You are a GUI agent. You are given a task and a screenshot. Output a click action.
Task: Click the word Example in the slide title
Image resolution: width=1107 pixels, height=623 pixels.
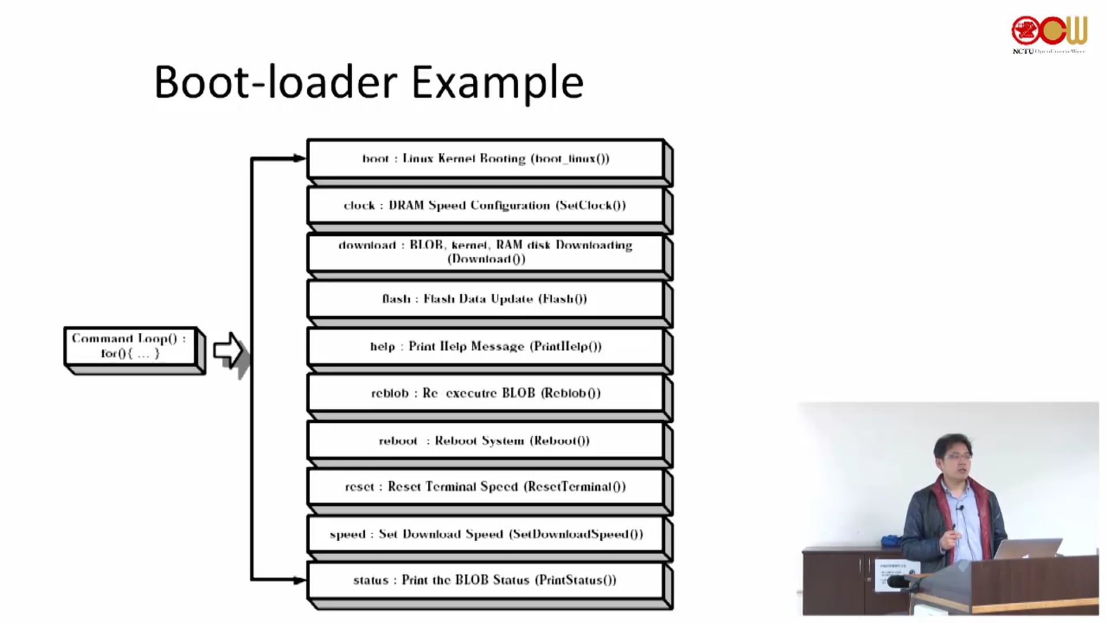pos(497,82)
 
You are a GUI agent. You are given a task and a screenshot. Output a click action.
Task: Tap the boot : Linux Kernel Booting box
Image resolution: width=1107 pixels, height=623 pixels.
pos(485,159)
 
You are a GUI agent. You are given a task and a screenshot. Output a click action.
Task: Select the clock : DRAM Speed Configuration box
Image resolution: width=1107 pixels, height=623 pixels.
pos(485,205)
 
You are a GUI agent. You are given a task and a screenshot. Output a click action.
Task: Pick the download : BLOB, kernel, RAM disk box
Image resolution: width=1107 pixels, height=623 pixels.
pos(485,252)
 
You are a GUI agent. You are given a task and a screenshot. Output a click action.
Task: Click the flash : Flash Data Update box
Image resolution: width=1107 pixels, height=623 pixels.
pos(485,299)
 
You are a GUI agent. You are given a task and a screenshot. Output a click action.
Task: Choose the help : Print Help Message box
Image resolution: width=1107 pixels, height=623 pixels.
pos(485,346)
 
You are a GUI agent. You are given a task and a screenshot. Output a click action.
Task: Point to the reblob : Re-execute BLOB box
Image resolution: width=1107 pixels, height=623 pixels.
pos(485,393)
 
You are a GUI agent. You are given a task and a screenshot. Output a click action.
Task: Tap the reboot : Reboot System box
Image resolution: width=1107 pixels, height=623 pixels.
pos(485,441)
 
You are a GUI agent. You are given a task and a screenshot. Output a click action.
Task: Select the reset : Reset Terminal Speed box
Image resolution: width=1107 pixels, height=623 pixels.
pos(485,487)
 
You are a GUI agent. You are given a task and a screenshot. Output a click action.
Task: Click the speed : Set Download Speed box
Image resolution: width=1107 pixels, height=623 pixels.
pos(485,534)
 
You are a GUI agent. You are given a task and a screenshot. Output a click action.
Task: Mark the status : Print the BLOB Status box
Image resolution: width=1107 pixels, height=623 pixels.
pos(485,580)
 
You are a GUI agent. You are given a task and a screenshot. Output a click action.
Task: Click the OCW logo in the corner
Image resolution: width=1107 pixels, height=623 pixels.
pos(1049,32)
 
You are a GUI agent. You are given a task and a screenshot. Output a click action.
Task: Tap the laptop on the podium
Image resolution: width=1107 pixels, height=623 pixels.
pos(1026,548)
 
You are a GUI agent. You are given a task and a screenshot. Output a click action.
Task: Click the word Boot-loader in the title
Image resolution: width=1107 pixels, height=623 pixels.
pos(276,82)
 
